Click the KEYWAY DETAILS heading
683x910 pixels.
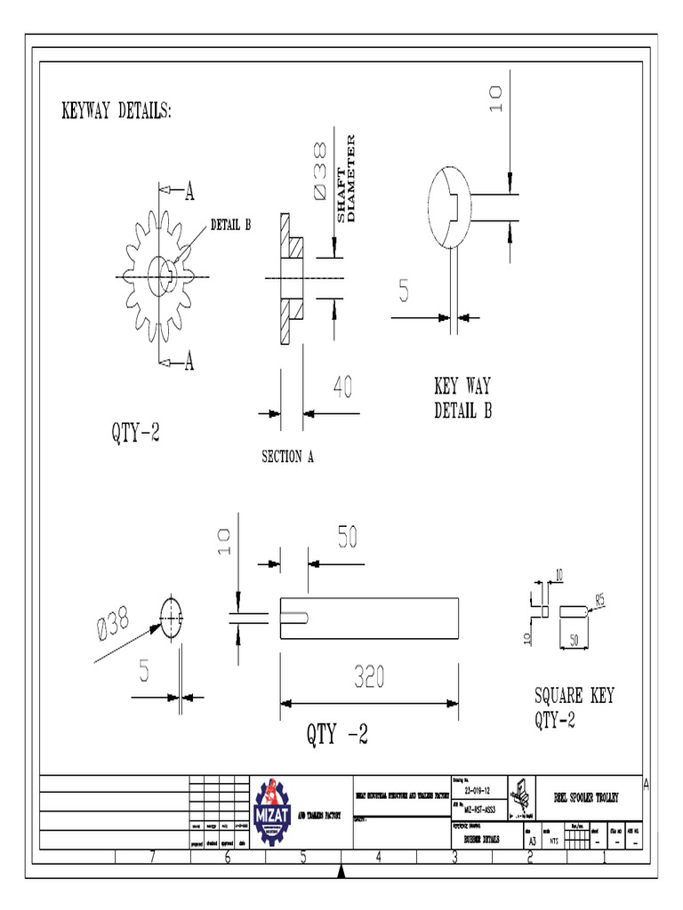116,112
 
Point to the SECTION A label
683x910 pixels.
287,458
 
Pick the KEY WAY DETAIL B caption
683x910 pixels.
462,399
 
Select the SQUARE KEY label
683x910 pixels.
574,696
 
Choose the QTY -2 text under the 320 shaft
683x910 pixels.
337,735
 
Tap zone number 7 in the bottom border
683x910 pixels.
152,858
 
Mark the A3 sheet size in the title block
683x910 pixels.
532,838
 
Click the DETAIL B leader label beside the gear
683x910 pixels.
230,224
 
